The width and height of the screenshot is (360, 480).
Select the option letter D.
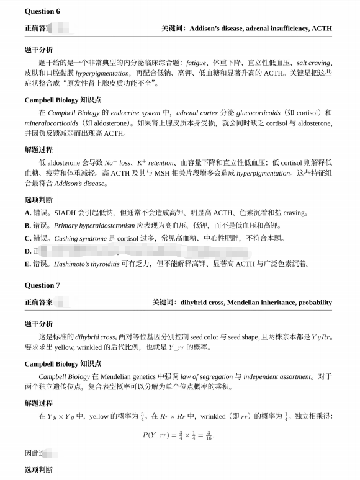[28, 251]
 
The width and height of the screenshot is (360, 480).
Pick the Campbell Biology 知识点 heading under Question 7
[63, 363]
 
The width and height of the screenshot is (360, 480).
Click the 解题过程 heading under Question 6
[38, 149]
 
